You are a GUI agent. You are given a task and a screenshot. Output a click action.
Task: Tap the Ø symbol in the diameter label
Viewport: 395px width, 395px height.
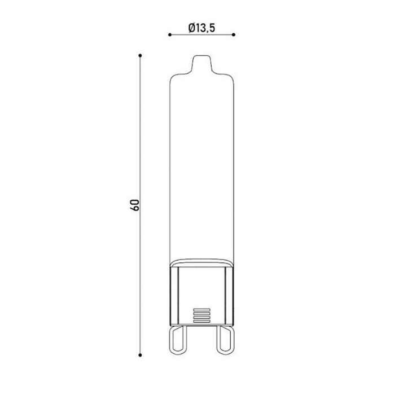point(192,27)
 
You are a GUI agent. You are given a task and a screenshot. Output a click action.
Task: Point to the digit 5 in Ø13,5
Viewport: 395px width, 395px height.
point(214,27)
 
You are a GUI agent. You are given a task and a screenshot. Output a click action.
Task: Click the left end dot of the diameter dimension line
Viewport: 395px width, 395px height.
point(169,35)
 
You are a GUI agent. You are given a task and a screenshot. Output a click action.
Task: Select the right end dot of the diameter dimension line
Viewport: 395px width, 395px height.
point(234,35)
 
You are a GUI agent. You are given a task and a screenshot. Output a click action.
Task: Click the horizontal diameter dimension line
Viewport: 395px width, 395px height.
point(201,35)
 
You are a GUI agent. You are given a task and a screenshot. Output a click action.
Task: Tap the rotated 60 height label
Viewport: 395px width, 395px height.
point(134,205)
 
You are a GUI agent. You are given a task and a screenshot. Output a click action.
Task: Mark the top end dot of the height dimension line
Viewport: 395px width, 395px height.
point(140,55)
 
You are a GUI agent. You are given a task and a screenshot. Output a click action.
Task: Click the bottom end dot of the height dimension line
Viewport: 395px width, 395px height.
point(140,355)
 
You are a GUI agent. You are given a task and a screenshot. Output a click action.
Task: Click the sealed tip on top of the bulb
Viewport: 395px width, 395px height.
point(201,63)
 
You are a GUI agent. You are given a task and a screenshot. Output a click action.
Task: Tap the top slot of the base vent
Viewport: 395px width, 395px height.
point(201,309)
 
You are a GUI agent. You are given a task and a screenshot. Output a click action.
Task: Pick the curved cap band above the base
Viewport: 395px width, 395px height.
point(201,263)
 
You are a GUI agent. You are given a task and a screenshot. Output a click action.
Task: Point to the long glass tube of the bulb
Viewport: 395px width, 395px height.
point(201,169)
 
